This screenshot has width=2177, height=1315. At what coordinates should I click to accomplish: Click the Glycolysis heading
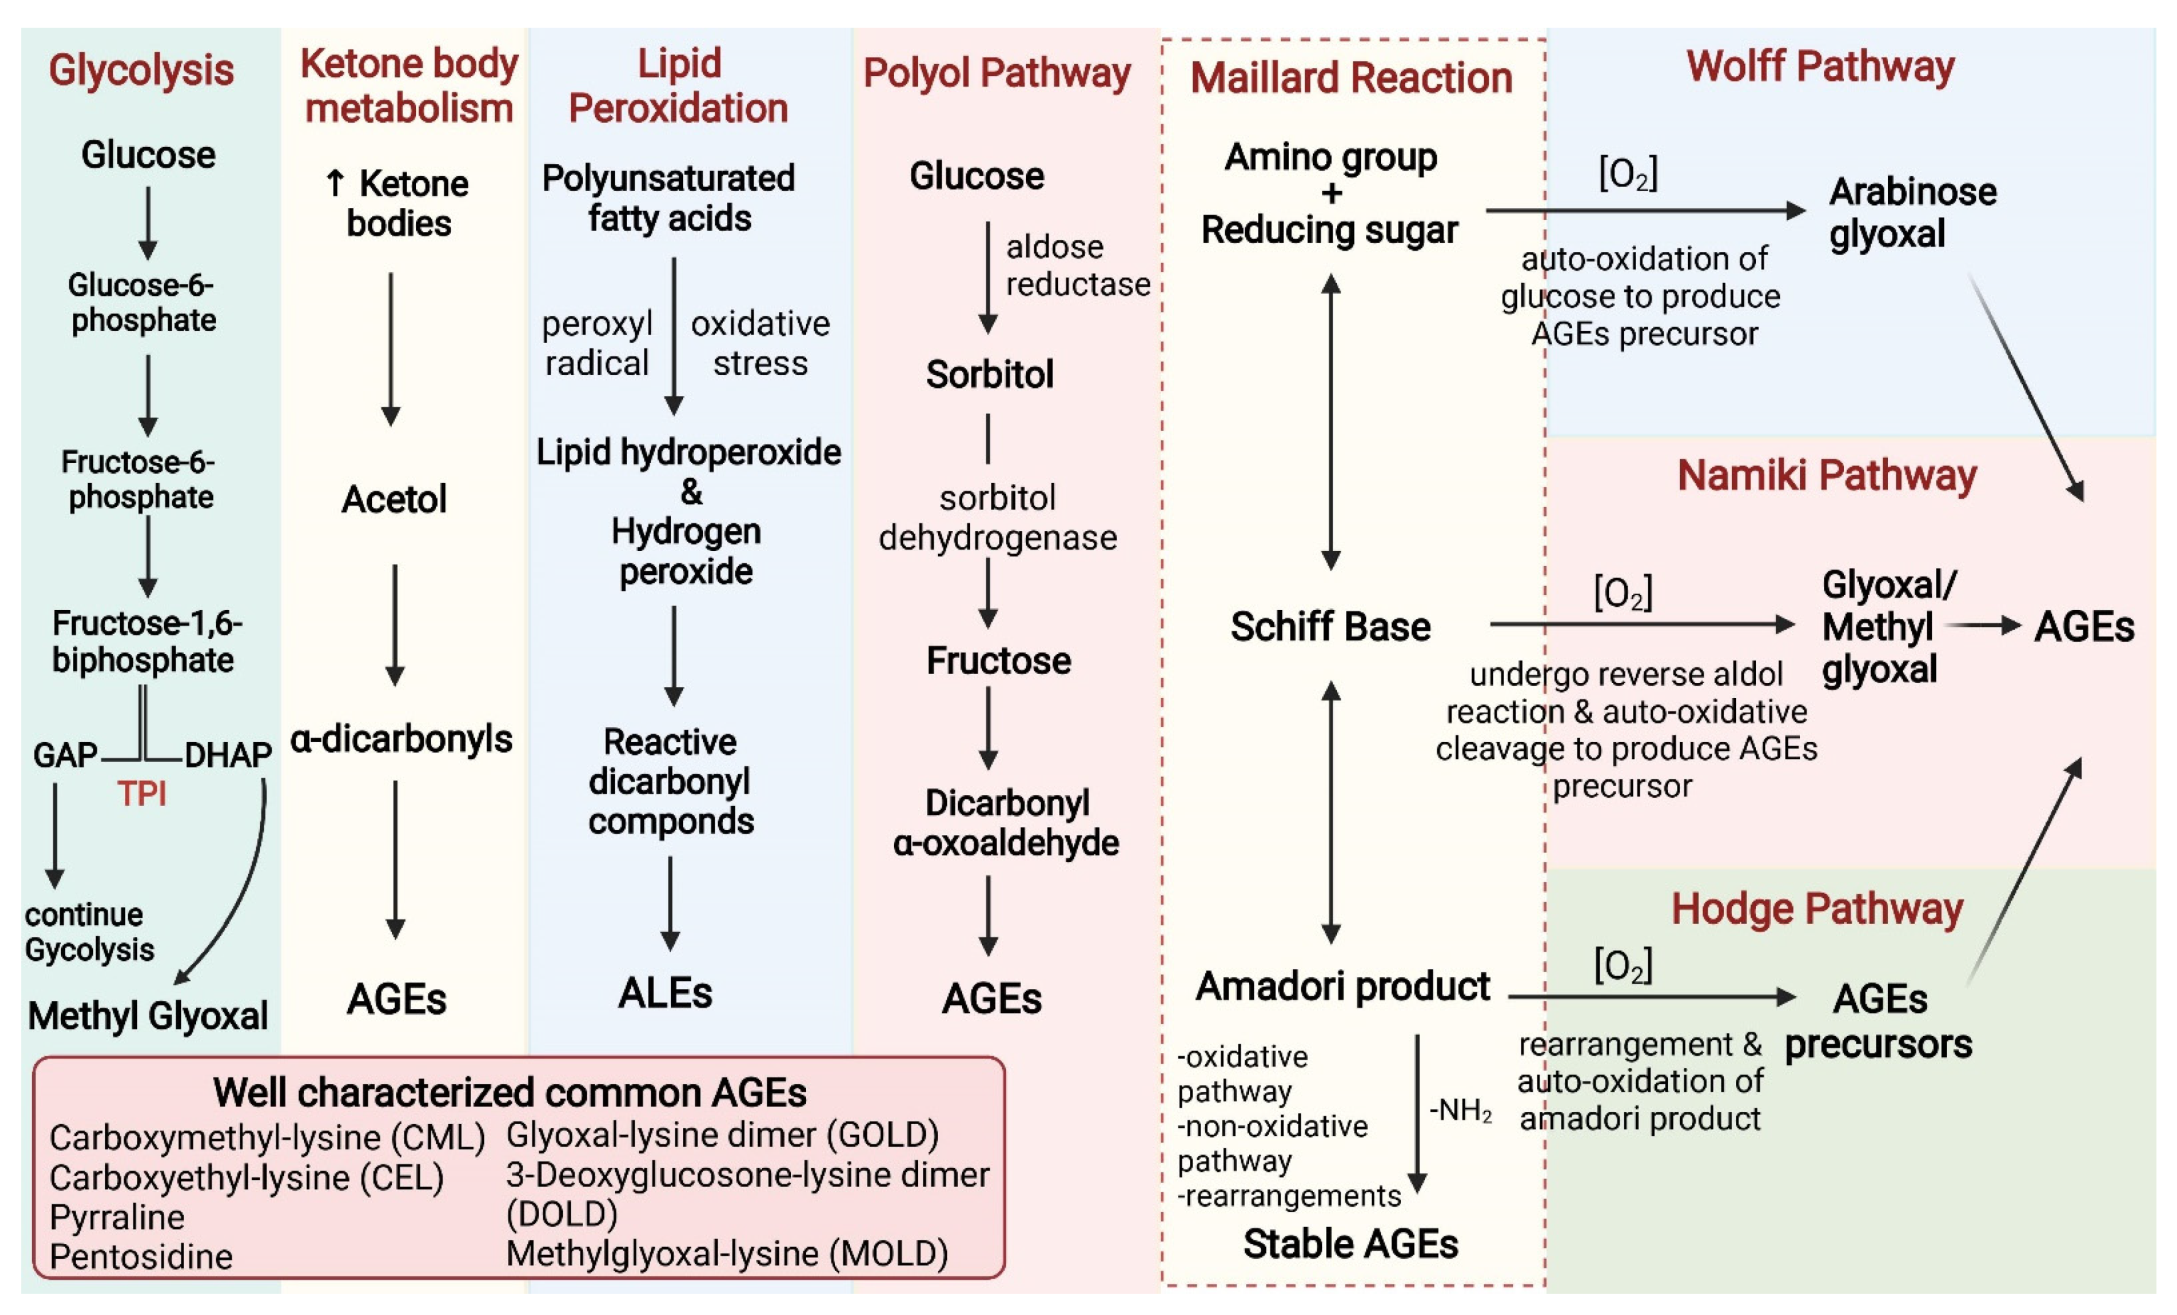click(141, 70)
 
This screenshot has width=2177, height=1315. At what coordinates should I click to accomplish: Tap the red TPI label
click(141, 793)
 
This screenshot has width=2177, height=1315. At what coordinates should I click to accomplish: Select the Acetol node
click(394, 499)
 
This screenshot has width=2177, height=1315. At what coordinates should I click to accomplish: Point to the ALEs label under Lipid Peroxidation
click(664, 993)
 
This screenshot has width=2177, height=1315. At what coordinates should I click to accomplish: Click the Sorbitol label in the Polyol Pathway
click(989, 374)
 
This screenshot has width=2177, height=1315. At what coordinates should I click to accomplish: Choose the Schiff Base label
click(1330, 626)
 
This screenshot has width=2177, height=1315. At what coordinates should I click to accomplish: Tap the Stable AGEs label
click(1350, 1243)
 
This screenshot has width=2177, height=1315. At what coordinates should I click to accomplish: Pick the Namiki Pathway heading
click(1826, 475)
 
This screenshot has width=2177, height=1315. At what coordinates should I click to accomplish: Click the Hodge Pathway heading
click(1817, 909)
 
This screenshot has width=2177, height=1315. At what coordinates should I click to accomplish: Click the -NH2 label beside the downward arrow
click(1459, 1110)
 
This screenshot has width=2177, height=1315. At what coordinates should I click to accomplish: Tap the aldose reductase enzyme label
click(1076, 265)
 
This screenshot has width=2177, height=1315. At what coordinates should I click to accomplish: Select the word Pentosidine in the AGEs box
click(141, 1256)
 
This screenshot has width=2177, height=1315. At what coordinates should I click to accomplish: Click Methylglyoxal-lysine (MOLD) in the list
click(726, 1253)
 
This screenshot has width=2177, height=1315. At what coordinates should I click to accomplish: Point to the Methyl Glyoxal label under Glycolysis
click(147, 1016)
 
